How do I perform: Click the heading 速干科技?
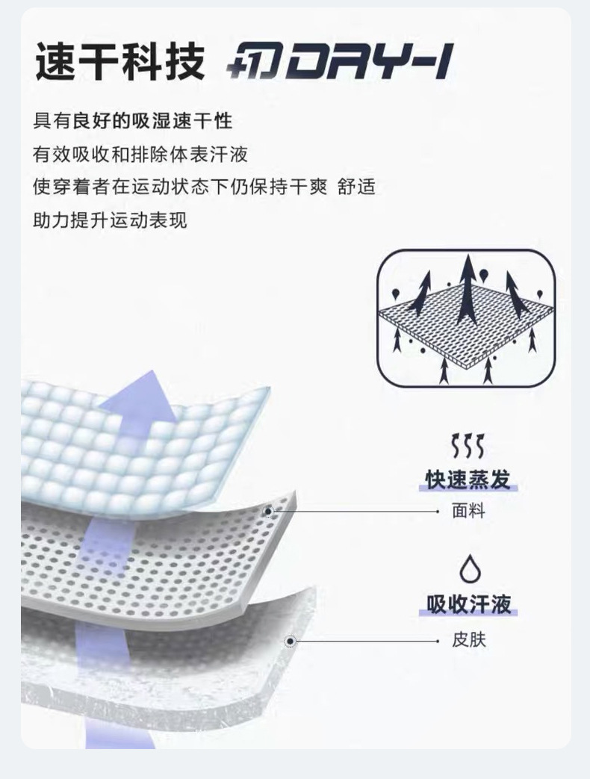pos(119,61)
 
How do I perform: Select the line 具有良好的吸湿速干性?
pos(133,120)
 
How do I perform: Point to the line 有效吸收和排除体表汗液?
pos(140,154)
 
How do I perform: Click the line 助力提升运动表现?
pos(110,220)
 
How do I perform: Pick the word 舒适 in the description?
pos(356,187)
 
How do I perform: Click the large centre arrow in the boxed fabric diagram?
pos(468,291)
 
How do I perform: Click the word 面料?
pos(468,512)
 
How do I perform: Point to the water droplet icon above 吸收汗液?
pos(469,569)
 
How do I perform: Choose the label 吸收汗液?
pos(468,603)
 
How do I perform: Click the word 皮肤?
pos(468,640)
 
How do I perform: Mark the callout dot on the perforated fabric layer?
pos(269,512)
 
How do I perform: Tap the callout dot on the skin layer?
pos(291,641)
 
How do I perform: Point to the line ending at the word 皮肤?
pos(366,641)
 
